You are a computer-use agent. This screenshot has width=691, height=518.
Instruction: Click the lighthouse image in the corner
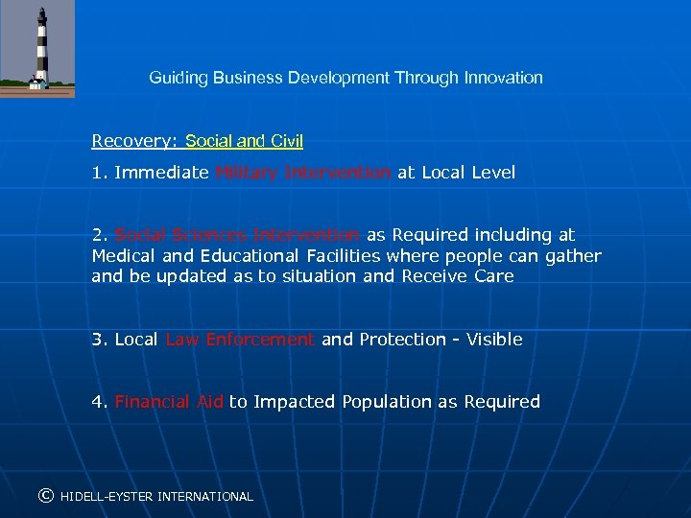tap(37, 49)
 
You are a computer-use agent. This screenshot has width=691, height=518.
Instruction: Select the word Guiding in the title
tap(176, 78)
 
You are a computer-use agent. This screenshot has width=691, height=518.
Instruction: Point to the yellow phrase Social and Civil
tap(244, 141)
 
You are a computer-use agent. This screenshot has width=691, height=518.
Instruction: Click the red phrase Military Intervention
tap(303, 173)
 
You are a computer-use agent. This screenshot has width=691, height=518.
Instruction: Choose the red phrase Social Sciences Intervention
tap(237, 234)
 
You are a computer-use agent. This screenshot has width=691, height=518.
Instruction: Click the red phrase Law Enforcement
tap(240, 340)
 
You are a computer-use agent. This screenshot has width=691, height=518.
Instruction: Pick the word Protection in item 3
tap(401, 340)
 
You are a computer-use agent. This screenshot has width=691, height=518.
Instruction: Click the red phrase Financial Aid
tap(169, 402)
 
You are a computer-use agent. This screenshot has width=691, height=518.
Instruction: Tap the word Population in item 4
tap(387, 402)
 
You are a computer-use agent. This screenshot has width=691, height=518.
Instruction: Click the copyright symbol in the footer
tap(44, 496)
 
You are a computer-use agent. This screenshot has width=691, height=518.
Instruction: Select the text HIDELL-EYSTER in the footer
tap(107, 497)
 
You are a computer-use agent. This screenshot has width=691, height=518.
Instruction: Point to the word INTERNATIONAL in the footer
tap(205, 497)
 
